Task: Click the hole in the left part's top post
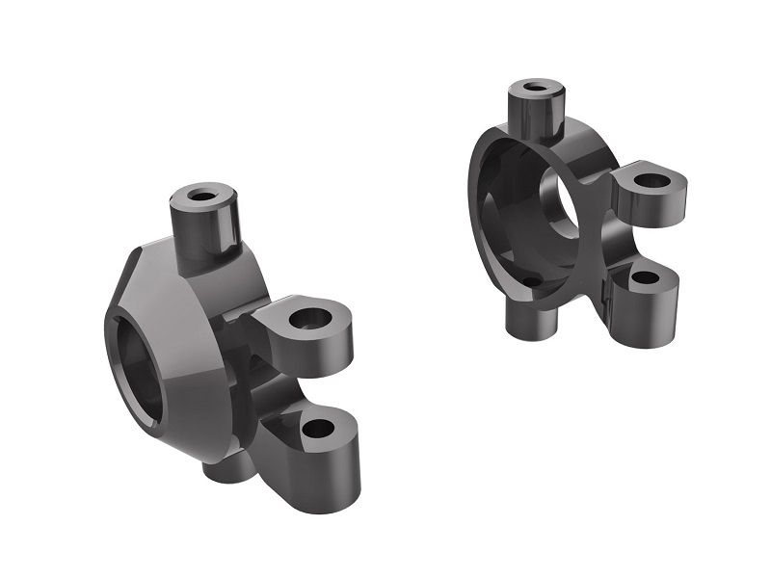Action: [x=203, y=196]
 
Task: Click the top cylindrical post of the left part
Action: [x=204, y=226]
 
